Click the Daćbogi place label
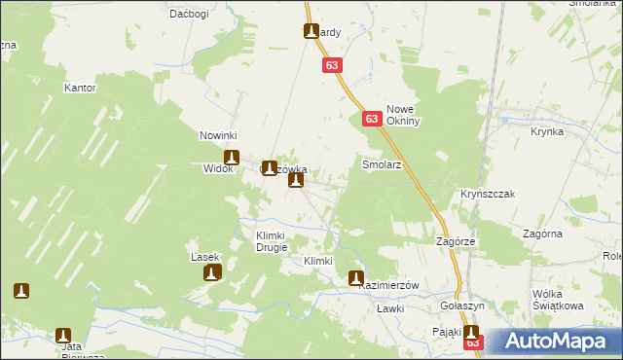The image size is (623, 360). click(x=190, y=14)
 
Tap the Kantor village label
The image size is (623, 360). click(x=80, y=88)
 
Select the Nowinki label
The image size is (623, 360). click(x=219, y=135)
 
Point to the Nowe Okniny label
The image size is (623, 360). click(x=403, y=116)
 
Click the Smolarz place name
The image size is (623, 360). click(x=382, y=164)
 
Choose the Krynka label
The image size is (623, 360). click(x=548, y=130)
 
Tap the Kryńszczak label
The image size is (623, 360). click(x=487, y=194)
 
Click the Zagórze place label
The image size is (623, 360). click(x=456, y=240)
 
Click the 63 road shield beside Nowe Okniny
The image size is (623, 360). click(x=372, y=118)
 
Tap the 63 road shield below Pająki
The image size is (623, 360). click(x=473, y=342)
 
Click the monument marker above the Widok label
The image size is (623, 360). click(x=232, y=156)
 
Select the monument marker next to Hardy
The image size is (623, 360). click(x=310, y=31)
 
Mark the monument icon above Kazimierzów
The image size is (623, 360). click(x=356, y=277)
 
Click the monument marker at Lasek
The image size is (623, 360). click(x=211, y=272)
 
